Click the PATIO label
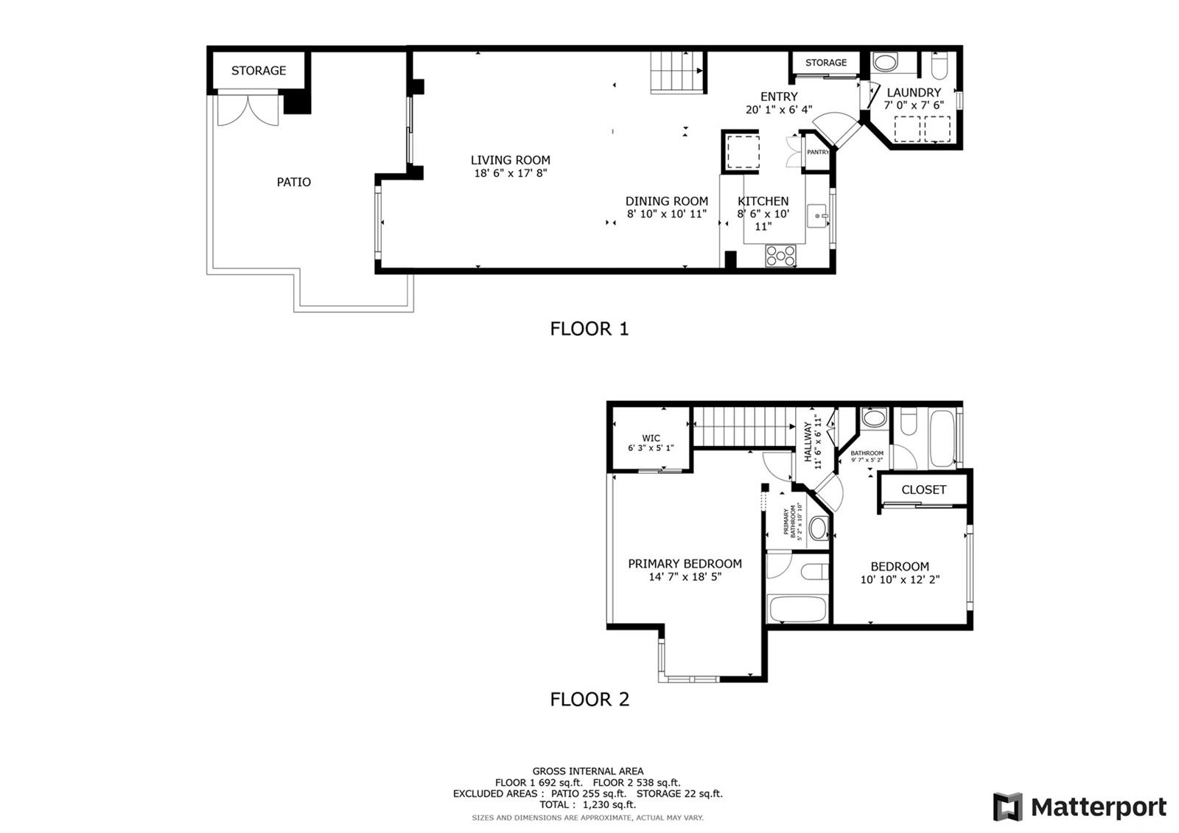point(294,182)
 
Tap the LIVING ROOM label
point(510,160)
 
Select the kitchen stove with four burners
point(781,256)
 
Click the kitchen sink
point(817,216)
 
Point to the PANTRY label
point(818,152)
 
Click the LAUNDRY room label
point(914,93)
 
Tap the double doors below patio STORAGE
point(248,109)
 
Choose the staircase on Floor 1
point(677,72)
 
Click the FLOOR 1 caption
point(589,329)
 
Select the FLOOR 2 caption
point(589,700)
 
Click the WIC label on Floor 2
point(651,438)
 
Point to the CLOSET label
point(924,489)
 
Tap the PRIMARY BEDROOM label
point(685,564)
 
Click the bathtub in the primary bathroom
point(798,609)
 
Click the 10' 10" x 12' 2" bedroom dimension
point(900,579)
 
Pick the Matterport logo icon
point(1007,806)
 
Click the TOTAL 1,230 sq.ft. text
point(587,804)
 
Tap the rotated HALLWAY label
point(808,442)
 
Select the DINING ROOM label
point(666,201)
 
